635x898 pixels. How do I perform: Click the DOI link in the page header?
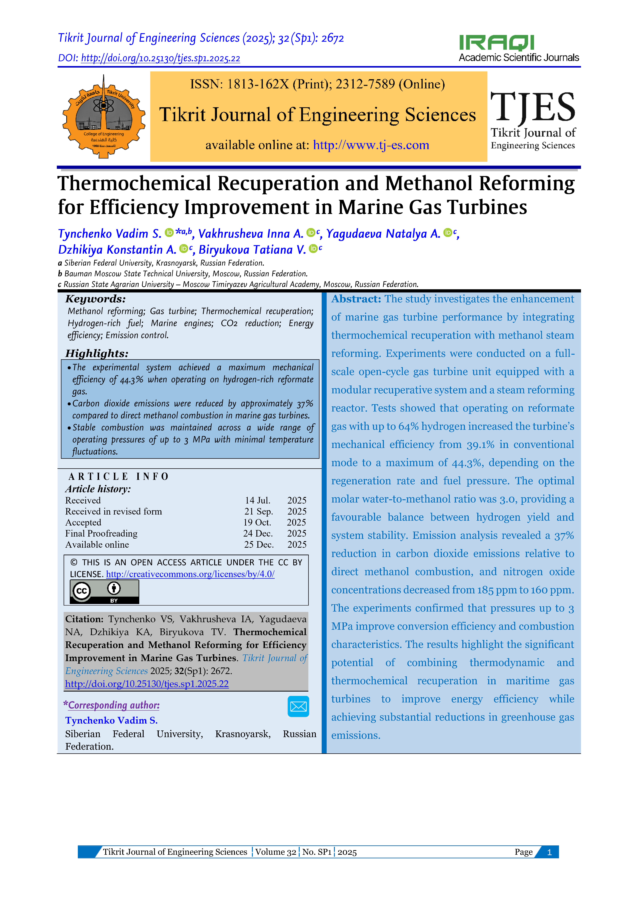[x=160, y=58]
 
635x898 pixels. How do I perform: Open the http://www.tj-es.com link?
[x=371, y=145]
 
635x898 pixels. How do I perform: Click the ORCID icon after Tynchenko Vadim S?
[x=169, y=233]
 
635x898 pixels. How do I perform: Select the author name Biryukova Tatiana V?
[x=252, y=250]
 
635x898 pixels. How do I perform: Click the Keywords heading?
[x=95, y=299]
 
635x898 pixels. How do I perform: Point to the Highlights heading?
[x=97, y=354]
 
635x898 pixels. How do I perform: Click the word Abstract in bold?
[x=356, y=299]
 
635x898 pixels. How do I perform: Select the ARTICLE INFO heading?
[x=118, y=476]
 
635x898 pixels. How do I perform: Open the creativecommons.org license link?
[x=190, y=574]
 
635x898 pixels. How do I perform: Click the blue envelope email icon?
[x=298, y=706]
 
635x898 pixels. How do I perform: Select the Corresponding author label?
[x=113, y=705]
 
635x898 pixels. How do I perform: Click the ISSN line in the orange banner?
[x=317, y=84]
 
